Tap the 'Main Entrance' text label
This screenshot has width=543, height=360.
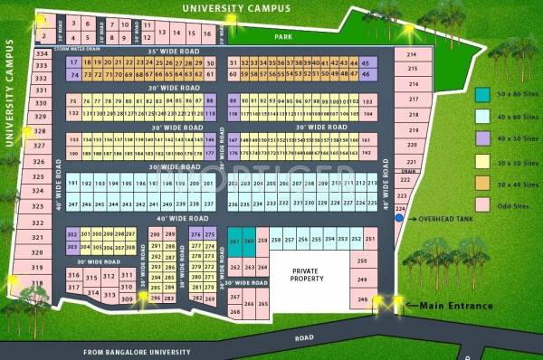pyautogui.click(x=456, y=306)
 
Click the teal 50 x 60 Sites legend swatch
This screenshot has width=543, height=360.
pyautogui.click(x=483, y=95)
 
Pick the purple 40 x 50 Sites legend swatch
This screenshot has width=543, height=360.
pyautogui.click(x=483, y=138)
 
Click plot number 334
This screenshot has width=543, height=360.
pyautogui.click(x=41, y=54)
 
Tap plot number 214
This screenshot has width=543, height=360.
pyautogui.click(x=413, y=56)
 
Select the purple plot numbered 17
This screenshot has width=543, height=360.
pyautogui.click(x=73, y=62)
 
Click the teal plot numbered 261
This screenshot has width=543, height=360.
pyautogui.click(x=234, y=242)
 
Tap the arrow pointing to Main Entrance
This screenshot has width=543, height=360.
pyautogui.click(x=408, y=307)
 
